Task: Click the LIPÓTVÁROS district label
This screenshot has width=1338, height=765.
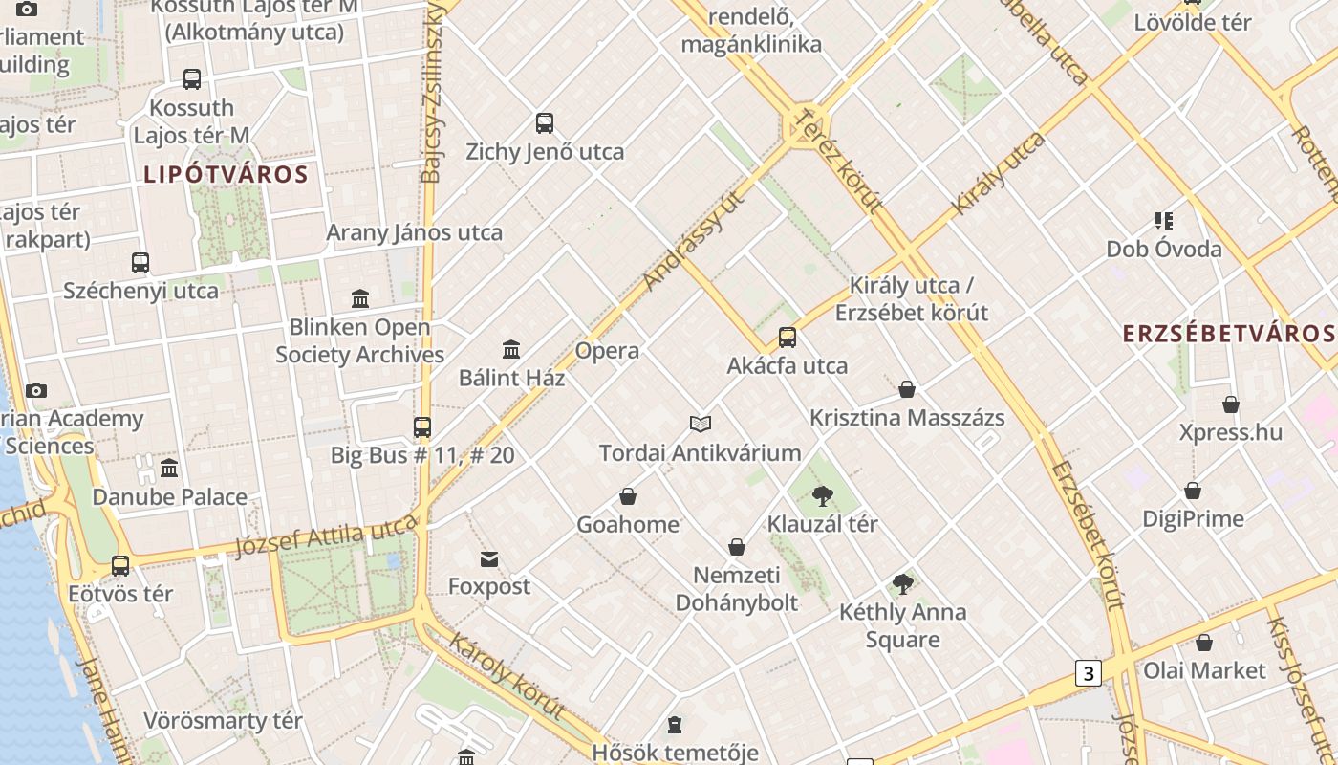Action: pos(226,174)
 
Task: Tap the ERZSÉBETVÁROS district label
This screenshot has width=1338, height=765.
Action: pos(1229,333)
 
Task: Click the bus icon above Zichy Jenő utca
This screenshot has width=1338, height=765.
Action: pos(545,123)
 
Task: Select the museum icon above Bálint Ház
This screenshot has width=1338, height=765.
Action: pos(511,350)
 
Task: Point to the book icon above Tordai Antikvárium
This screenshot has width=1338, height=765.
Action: pos(701,424)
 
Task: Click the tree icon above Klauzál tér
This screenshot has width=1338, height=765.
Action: pos(822,495)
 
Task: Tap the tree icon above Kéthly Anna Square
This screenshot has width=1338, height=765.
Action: pos(902,583)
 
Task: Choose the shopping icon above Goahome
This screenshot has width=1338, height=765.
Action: pos(628,496)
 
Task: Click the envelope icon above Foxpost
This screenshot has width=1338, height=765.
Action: pos(489,559)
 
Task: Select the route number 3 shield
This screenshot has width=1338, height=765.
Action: pos(1088,672)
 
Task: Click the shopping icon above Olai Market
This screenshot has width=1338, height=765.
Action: pos(1204,643)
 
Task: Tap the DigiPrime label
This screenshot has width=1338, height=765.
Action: pos(1193,519)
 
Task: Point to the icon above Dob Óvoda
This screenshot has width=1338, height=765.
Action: pos(1163,221)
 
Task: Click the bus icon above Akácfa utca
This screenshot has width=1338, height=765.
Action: pos(788,337)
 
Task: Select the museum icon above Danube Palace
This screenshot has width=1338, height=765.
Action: pos(169,469)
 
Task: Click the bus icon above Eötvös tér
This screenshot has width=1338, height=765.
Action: pos(120,566)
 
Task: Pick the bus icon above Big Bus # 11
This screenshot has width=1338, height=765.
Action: pos(422,427)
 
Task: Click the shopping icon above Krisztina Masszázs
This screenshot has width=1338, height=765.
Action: pos(907,389)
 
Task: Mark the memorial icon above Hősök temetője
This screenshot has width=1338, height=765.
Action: pos(675,725)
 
